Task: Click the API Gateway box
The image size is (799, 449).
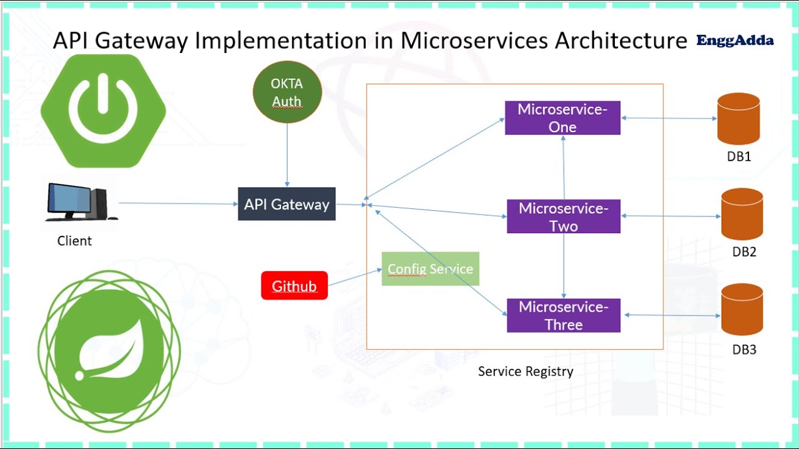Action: (287, 204)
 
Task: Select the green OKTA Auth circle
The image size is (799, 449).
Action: (287, 92)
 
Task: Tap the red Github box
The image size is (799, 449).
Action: (294, 286)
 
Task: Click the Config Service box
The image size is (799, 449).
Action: (430, 269)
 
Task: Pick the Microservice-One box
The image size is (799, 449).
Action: (562, 118)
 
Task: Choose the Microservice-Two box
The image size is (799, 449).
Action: (563, 216)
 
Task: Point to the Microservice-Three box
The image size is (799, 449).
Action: (563, 316)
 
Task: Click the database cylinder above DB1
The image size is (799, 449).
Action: (738, 119)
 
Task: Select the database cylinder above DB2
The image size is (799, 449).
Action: (742, 215)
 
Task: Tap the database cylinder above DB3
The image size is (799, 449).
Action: (742, 310)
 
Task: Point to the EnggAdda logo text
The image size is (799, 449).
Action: (735, 41)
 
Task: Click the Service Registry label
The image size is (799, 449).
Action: (526, 372)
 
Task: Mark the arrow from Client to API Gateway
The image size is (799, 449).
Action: (178, 203)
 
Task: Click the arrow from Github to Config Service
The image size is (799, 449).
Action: (355, 278)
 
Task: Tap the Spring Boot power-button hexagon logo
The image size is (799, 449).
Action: (103, 111)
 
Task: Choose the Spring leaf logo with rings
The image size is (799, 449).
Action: (109, 352)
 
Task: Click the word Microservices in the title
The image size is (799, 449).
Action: (475, 41)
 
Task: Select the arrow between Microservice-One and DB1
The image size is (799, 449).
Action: (669, 118)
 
